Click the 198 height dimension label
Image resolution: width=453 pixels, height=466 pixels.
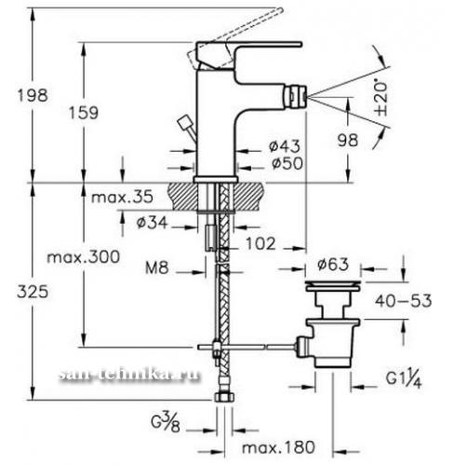coord(33,95)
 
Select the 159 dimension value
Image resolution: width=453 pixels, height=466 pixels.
coord(84,113)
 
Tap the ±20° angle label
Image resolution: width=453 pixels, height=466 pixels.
coord(381,99)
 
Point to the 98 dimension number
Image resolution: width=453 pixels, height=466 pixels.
coord(348,140)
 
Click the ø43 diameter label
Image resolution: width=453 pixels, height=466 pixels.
coord(285,146)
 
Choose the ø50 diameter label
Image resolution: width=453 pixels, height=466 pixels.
coord(287,163)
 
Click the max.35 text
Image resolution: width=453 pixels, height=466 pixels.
coord(122,197)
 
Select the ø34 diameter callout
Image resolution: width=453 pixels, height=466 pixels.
coord(152,223)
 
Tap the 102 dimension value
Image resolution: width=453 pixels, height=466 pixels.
coord(260,243)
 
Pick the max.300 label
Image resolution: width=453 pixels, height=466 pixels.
coord(83,257)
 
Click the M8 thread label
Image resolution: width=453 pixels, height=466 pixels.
coord(157,267)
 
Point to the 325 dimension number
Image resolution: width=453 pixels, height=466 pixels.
coord(33,292)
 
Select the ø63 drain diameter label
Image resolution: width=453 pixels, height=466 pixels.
coord(333,265)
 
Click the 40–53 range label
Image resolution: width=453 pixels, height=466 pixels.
coord(403,301)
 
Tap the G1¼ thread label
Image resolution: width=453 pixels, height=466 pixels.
coord(404,379)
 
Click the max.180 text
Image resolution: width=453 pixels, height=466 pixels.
coord(278,447)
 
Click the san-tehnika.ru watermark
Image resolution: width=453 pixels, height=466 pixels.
coord(128,375)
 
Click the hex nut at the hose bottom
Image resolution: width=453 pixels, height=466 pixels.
coord(225,397)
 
